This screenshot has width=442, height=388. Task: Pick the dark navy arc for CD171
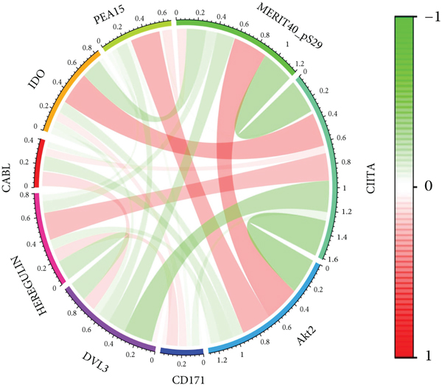pyautogui.click(x=182, y=352)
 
